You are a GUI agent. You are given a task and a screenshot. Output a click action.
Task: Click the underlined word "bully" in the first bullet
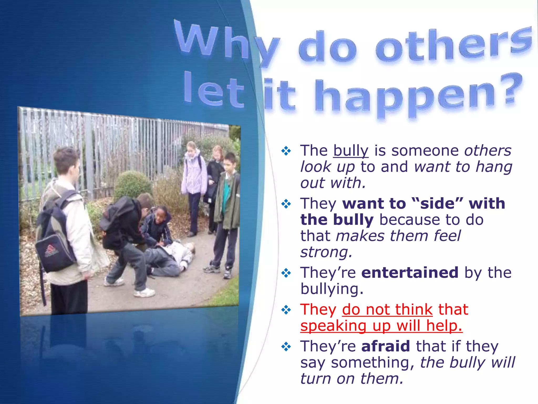[x=351, y=151]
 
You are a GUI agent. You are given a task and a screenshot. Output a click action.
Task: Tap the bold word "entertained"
[x=410, y=272]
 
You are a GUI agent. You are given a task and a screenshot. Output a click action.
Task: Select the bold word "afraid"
[x=386, y=346]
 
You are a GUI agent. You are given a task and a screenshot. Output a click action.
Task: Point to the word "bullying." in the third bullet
[x=332, y=289]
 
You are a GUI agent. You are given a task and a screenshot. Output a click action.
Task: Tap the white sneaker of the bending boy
[x=144, y=292]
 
